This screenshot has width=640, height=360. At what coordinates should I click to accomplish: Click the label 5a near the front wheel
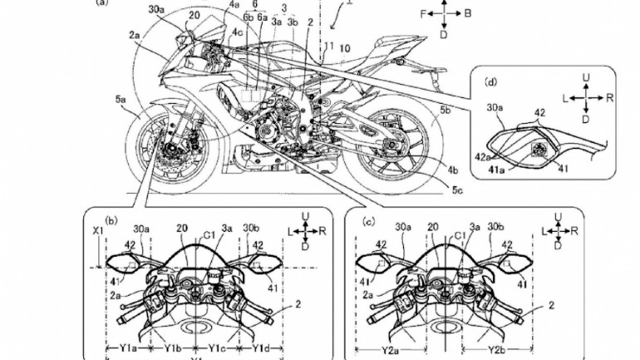click(121, 99)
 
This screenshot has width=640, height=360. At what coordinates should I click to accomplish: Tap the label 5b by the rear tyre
click(446, 108)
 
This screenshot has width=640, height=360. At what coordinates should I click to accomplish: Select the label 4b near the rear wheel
click(452, 170)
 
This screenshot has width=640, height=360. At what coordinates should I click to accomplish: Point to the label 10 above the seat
click(345, 48)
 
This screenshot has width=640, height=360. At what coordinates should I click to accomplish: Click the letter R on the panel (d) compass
click(608, 96)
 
